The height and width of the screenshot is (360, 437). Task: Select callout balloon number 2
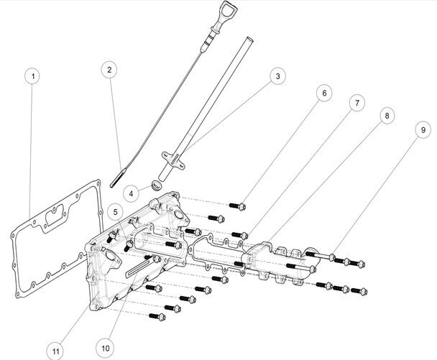(109, 70)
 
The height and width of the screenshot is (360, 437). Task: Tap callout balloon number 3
(276, 75)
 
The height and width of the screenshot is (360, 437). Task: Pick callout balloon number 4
(132, 193)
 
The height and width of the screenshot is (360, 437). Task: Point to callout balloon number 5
(116, 212)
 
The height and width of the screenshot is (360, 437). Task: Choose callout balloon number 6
(323, 93)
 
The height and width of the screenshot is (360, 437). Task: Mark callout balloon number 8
(386, 115)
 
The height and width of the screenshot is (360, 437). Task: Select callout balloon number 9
(418, 129)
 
